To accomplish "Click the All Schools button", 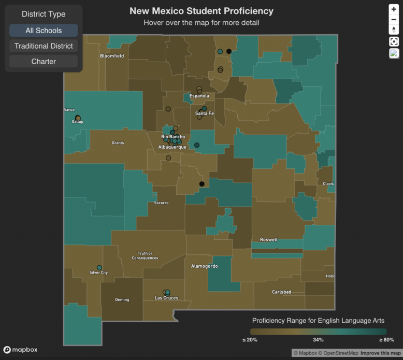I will pos(44,31).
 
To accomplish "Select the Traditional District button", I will pos(44,46).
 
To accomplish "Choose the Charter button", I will pos(44,62).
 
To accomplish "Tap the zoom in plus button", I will pos(394,9).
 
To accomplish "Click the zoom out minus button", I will pos(394,19).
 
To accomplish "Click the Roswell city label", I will pos(269,240).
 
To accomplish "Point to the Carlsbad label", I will pos(281,292).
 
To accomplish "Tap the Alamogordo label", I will pos(205,266).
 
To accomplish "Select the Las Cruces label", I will pos(166,298).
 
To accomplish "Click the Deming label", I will pos(122,300).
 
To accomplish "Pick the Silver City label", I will pos(98,272).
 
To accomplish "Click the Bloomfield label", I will pos(112,56).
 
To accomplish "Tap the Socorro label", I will pos(161,203).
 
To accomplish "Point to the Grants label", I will pos(118,143).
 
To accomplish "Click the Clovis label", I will pos(328,184).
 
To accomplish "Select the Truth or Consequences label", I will pos(145,256).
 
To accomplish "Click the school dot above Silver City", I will pos(99,268).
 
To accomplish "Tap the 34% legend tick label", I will pos(318,340).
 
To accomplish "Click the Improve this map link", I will pos(380,353).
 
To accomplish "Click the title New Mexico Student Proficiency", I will pos(201,11).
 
